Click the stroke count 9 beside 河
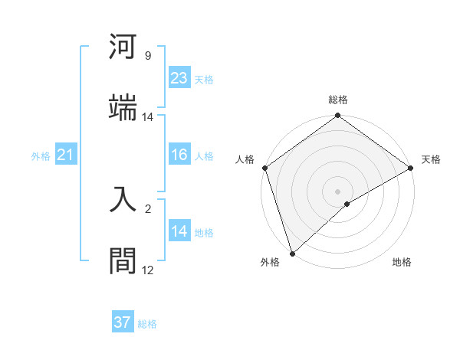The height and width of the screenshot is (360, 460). click(147, 56)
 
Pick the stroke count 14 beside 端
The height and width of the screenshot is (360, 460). click(147, 117)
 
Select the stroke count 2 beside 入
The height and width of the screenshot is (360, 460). click(147, 208)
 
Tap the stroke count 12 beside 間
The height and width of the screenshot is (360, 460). click(147, 270)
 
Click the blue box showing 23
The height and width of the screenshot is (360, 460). click(179, 78)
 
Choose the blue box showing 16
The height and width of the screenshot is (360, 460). click(179, 155)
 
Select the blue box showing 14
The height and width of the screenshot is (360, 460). click(179, 231)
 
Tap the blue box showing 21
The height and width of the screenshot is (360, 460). click(65, 155)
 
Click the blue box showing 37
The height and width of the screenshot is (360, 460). click(122, 322)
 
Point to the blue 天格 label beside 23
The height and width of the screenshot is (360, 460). click(204, 80)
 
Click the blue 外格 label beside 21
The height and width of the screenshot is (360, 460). click(41, 156)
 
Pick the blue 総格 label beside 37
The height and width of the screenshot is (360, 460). click(147, 324)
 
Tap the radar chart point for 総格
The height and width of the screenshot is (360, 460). click(337, 116)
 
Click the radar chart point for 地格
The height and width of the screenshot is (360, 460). click(347, 204)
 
